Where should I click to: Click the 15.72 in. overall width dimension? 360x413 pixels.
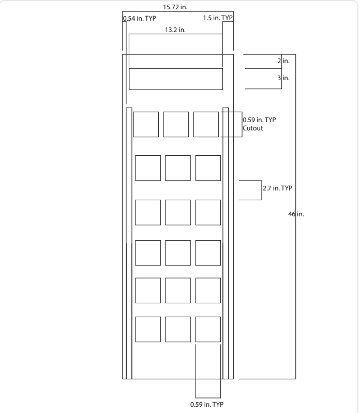177,7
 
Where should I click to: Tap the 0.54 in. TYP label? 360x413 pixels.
139,19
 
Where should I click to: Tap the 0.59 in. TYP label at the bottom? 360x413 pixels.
208,404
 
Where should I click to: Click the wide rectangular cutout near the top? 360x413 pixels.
175,79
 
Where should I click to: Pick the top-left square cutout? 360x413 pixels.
146,124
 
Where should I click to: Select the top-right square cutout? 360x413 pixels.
206,124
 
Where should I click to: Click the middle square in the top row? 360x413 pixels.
176,124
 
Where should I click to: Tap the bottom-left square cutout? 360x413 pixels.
148,329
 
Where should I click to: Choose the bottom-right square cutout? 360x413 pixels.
208,329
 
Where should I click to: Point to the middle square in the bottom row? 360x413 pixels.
178,329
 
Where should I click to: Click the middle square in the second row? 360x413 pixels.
178,168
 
